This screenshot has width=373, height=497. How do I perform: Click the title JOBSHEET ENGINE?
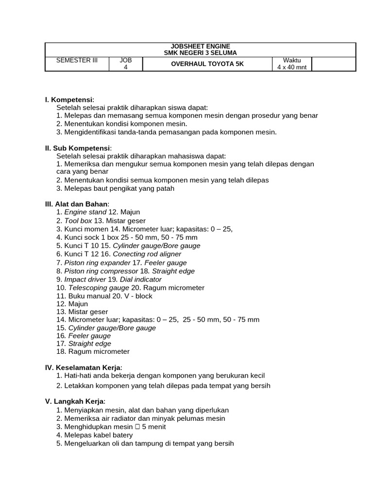[x=200, y=46]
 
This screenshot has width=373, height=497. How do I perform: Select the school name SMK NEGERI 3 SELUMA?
[x=200, y=52]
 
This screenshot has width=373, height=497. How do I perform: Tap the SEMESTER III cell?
[x=77, y=60]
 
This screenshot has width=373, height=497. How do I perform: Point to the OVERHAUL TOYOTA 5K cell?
[x=207, y=64]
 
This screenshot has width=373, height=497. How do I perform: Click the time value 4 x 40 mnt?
[x=291, y=67]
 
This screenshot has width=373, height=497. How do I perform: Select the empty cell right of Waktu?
[x=333, y=64]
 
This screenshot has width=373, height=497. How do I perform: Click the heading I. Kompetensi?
[x=69, y=99]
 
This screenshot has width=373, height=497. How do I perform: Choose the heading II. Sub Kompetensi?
[x=78, y=148]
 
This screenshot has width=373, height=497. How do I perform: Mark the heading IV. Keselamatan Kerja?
[x=84, y=367]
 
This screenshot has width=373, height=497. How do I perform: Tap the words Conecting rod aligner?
[x=147, y=254]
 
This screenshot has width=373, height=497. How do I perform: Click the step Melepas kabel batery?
[x=99, y=435]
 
